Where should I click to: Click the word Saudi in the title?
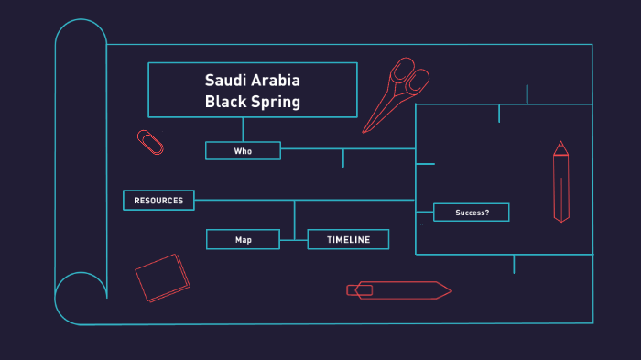[x=225, y=80]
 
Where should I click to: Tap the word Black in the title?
[x=225, y=102]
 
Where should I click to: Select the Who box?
[x=243, y=151]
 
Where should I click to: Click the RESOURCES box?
[x=158, y=201]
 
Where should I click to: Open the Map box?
[x=243, y=240]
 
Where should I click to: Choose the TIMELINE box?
[x=348, y=240]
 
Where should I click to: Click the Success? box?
[x=471, y=213]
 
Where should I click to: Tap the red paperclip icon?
[x=150, y=142]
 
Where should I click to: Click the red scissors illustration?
[x=395, y=96]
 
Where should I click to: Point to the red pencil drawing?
[x=560, y=183]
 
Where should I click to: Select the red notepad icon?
[x=162, y=277]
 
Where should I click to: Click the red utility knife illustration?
[x=398, y=290]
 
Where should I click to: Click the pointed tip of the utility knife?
[x=449, y=290]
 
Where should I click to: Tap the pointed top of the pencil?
[x=560, y=146]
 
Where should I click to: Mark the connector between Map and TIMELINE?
[x=293, y=240]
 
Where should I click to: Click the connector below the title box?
[x=243, y=129]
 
